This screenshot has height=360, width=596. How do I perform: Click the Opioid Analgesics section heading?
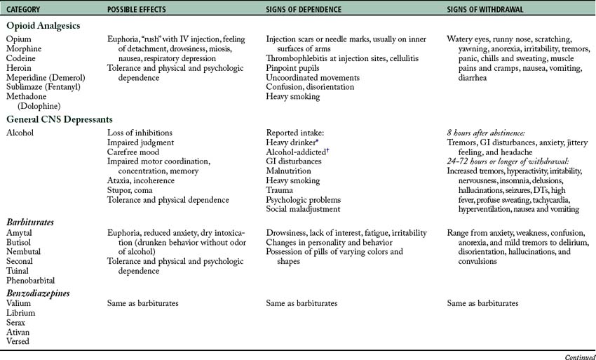[x=43, y=25]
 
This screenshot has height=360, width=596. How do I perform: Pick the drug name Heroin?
[x=18, y=68]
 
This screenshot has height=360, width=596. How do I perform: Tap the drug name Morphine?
[x=22, y=49]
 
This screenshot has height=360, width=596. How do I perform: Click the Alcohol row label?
[x=20, y=132]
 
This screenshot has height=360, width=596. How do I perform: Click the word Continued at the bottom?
[x=578, y=355]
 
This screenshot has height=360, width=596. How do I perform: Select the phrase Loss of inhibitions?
[x=140, y=132]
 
